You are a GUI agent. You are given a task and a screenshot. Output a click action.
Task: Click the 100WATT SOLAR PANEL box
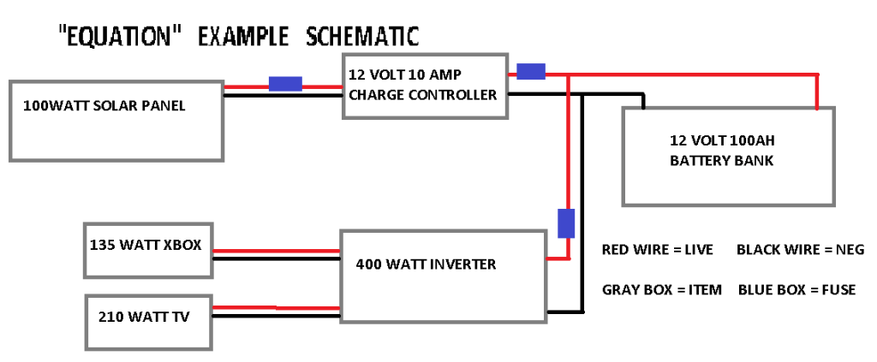(116, 120)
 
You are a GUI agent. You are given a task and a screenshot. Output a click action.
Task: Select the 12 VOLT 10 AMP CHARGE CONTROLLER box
(425, 86)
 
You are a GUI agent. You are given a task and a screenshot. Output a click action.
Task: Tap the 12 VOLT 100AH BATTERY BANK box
(728, 157)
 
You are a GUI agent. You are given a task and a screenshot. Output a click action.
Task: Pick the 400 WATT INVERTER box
(443, 275)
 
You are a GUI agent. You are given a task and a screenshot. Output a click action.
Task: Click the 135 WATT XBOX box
(147, 249)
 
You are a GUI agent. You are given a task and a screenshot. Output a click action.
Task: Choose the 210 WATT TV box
(149, 320)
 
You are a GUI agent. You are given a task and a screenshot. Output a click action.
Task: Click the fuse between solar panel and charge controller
(285, 84)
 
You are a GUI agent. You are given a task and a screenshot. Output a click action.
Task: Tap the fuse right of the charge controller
(531, 72)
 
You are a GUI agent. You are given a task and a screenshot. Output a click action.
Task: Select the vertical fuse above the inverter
(566, 223)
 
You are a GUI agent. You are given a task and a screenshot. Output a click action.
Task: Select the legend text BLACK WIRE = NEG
(800, 250)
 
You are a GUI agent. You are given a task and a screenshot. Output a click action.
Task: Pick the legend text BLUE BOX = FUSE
(796, 289)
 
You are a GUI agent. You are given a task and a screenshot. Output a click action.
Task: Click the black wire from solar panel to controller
(283, 95)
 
